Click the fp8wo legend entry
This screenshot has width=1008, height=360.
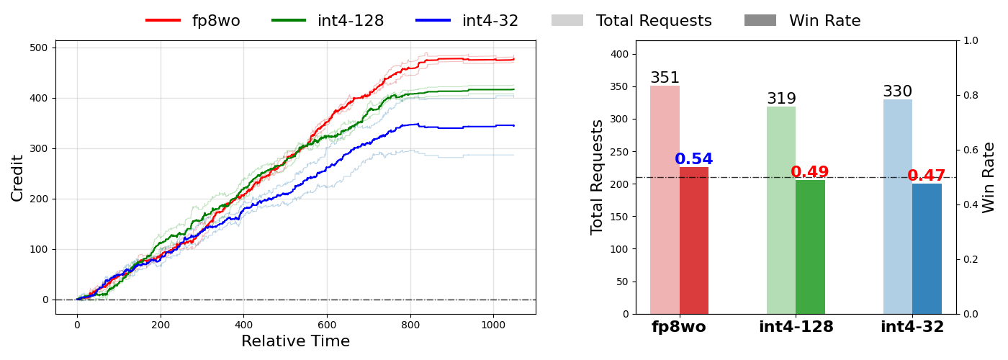pyautogui.click(x=193, y=21)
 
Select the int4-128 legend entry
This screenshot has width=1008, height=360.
pyautogui.click(x=328, y=21)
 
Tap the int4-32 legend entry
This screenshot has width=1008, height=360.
pyautogui.click(x=467, y=21)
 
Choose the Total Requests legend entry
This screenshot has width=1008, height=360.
pyautogui.click(x=631, y=21)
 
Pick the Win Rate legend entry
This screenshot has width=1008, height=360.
pyautogui.click(x=802, y=21)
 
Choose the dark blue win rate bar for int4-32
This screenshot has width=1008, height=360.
pyautogui.click(x=927, y=248)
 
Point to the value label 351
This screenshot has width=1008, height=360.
pyautogui.click(x=665, y=78)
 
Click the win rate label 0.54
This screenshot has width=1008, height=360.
pyautogui.click(x=693, y=159)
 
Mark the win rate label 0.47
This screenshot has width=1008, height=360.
pyautogui.click(x=927, y=176)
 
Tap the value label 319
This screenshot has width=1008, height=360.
pyautogui.click(x=781, y=99)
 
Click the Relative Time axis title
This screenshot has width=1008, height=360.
pyautogui.click(x=295, y=341)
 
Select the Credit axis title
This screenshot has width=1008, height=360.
pyautogui.click(x=17, y=177)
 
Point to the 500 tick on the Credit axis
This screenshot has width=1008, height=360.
pyautogui.click(x=38, y=48)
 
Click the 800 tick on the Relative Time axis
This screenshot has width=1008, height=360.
pyautogui.click(x=410, y=325)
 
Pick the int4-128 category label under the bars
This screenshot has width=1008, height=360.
pyautogui.click(x=796, y=327)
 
